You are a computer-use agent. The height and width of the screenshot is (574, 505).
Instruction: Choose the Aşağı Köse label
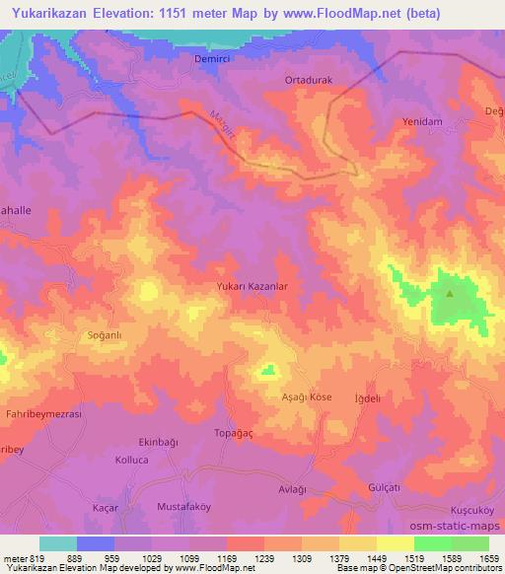[309, 395]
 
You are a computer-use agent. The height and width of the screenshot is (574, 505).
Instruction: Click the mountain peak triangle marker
[450, 293]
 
